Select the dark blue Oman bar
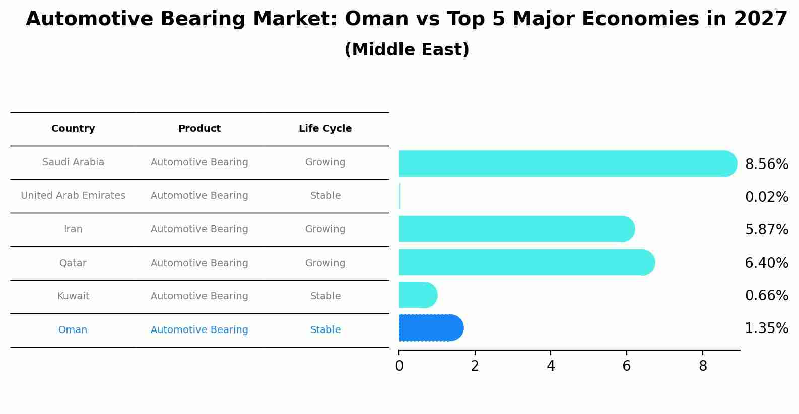pos(430,328)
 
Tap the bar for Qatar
pos(526,262)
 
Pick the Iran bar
pos(516,229)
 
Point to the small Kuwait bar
pos(417,295)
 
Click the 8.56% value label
pos(766,164)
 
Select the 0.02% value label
pos(766,197)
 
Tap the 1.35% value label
pos(766,328)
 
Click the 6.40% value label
pos(766,263)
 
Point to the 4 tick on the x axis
pos(551,366)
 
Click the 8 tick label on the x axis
pos(703,366)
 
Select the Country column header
pos(73,129)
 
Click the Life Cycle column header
pos(325,129)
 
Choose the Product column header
pos(199,129)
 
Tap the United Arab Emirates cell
pos(73,196)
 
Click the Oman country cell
pos(73,330)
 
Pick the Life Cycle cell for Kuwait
pos(325,296)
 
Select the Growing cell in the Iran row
pos(325,229)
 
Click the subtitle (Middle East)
pos(407,50)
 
